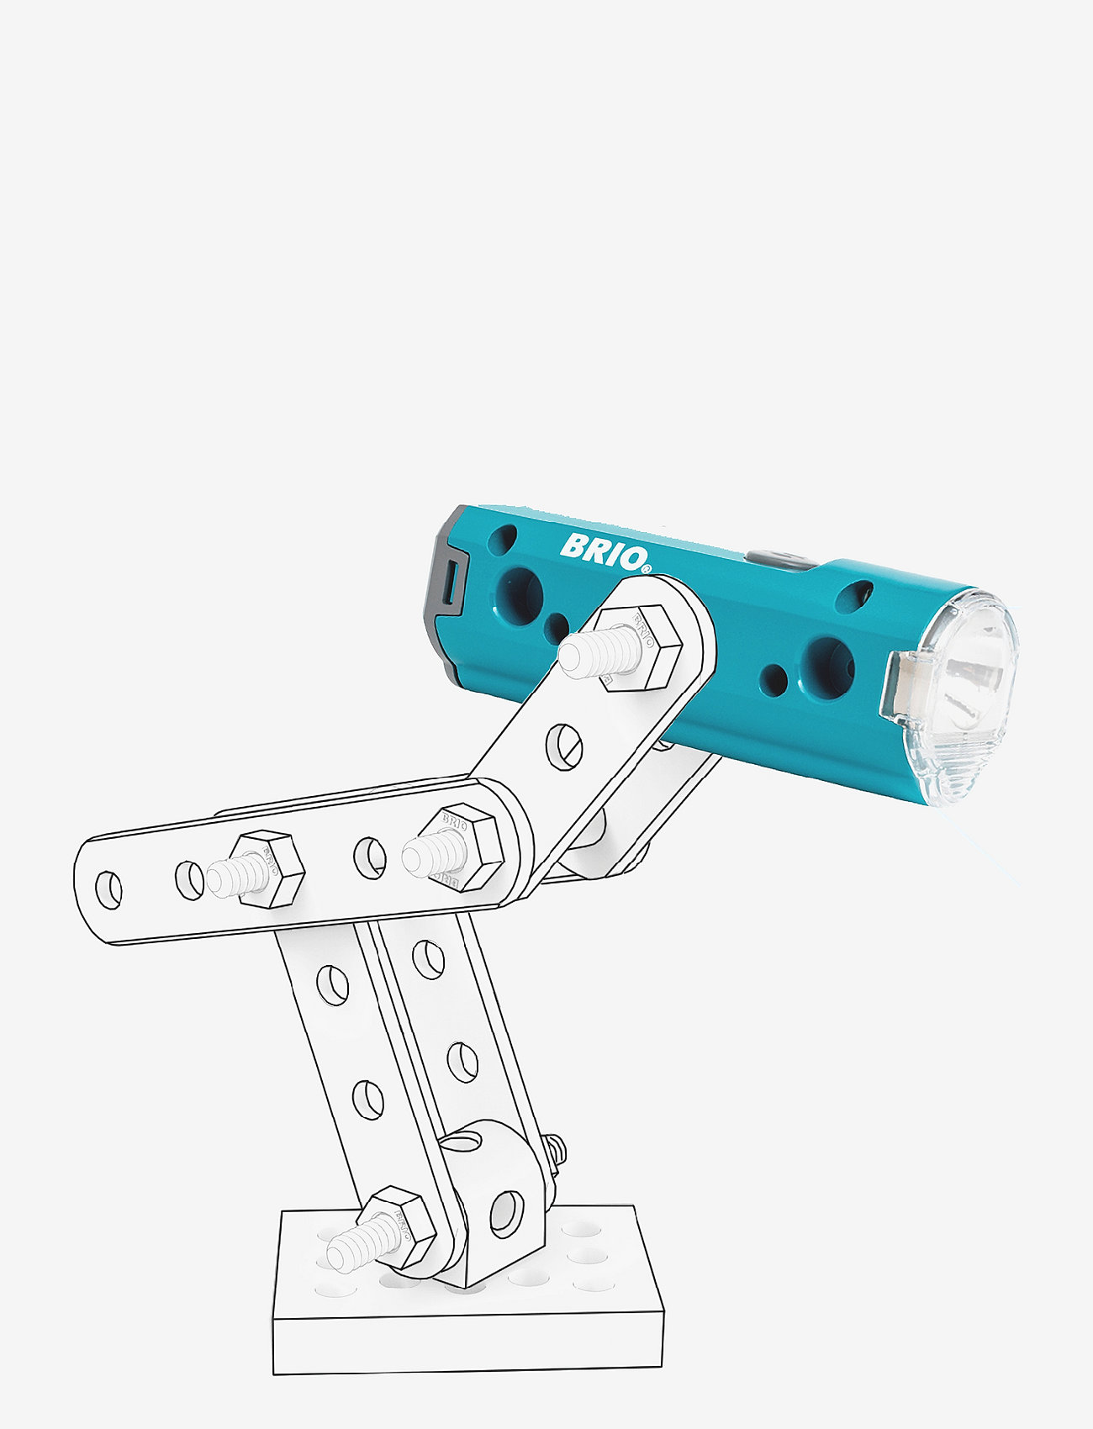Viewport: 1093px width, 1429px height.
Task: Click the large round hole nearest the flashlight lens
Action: pos(827,667)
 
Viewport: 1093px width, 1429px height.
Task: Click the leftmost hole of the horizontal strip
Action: pos(108,890)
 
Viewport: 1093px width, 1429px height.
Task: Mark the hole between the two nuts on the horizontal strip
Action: pos(369,857)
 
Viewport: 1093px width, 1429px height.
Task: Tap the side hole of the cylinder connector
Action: pos(505,1213)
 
